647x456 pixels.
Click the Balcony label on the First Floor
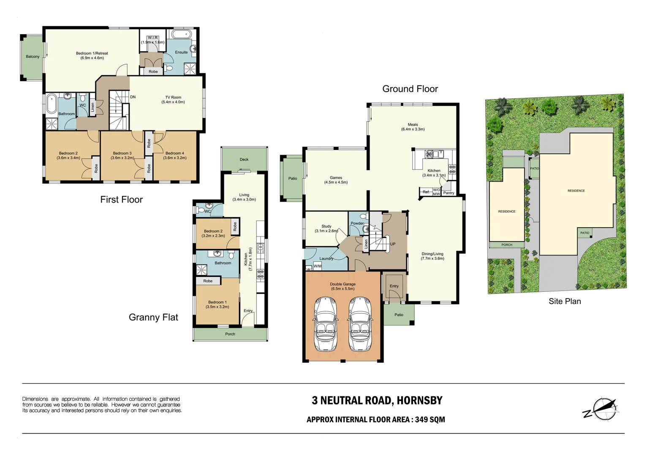[33, 57]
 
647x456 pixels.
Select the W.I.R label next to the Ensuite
[152, 38]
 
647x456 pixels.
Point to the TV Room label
[173, 98]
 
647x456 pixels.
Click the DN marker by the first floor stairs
[133, 97]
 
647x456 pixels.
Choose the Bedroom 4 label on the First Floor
[174, 153]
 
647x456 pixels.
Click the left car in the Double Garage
[326, 324]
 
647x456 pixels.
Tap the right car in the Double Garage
[360, 324]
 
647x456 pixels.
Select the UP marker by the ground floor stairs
[393, 244]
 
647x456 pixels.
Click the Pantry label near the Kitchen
[449, 193]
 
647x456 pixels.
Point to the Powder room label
[357, 223]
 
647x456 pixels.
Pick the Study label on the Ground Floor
[326, 226]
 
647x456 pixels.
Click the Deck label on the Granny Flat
[244, 160]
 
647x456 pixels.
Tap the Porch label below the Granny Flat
[230, 334]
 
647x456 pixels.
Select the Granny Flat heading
[153, 318]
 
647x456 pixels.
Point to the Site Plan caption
[565, 301]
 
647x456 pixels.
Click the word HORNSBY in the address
[419, 400]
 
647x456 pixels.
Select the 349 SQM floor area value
[430, 420]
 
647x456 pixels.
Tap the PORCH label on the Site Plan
[507, 245]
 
